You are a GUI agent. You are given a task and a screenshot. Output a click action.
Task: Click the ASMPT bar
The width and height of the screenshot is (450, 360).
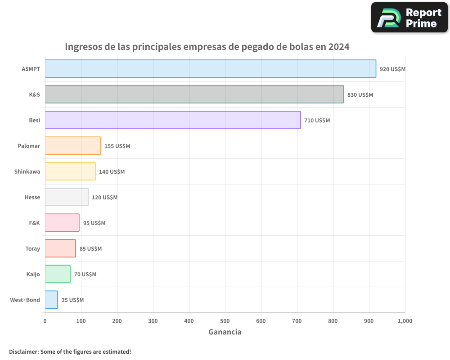pyautogui.click(x=211, y=69)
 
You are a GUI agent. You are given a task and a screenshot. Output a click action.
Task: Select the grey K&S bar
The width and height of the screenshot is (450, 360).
pyautogui.click(x=194, y=94)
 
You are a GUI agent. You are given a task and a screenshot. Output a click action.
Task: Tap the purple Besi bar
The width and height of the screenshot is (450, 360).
pyautogui.click(x=173, y=120)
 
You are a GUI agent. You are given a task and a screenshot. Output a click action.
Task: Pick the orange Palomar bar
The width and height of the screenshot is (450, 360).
pyautogui.click(x=73, y=146)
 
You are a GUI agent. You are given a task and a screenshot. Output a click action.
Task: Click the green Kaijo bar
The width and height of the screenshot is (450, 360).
pyautogui.click(x=58, y=274)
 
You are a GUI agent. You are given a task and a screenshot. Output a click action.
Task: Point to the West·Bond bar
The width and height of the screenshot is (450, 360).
pyautogui.click(x=51, y=300)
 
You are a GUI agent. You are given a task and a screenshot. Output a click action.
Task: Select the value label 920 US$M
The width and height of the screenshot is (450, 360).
pyautogui.click(x=392, y=69)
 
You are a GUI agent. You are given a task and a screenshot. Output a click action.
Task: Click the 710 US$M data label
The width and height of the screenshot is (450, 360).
pyautogui.click(x=317, y=121)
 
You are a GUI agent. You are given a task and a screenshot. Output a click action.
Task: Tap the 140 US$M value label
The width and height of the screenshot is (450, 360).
pyautogui.click(x=112, y=172)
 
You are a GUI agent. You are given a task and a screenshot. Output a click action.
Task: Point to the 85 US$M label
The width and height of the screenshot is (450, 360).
pyautogui.click(x=90, y=249)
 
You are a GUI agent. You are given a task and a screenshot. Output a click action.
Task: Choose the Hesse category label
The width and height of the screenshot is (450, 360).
pyautogui.click(x=32, y=197)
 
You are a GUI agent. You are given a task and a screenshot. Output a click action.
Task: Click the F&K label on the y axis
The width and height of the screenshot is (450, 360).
pyautogui.click(x=34, y=223)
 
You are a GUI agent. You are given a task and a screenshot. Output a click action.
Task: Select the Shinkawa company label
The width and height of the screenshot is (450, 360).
pyautogui.click(x=27, y=171)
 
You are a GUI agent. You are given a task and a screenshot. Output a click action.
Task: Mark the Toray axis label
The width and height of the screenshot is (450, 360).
pyautogui.click(x=33, y=248)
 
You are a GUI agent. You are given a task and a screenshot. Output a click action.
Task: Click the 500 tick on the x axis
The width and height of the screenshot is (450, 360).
pyautogui.click(x=225, y=321)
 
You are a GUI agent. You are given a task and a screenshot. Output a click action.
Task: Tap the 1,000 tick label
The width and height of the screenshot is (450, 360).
pyautogui.click(x=405, y=321)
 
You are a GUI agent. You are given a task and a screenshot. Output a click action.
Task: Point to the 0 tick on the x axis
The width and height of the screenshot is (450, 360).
pyautogui.click(x=45, y=321)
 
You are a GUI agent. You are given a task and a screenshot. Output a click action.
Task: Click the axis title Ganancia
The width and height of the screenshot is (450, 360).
pyautogui.click(x=225, y=332)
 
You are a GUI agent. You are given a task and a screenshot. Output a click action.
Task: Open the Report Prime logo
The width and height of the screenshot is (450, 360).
pyautogui.click(x=409, y=18)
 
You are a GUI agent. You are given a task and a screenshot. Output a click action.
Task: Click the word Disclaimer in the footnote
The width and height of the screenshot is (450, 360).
pyautogui.click(x=23, y=351)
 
